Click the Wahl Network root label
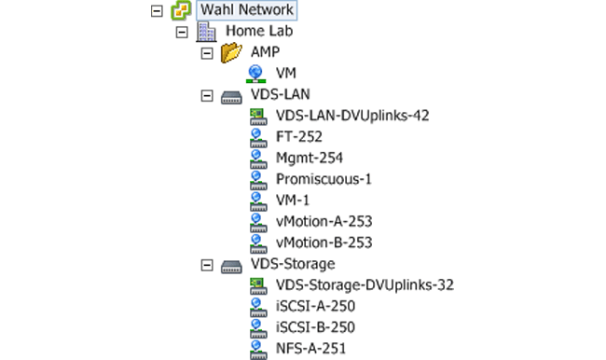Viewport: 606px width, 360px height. point(247,10)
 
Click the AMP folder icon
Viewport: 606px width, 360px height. point(231,53)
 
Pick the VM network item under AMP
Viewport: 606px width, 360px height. point(286,74)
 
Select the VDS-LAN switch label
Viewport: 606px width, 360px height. point(281,95)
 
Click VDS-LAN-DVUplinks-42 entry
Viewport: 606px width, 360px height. point(352,116)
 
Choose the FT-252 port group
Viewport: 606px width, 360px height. point(298,137)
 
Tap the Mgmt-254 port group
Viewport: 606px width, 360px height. point(310,158)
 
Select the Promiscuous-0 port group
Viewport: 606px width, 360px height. point(324,179)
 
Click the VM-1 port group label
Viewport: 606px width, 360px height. point(293,201)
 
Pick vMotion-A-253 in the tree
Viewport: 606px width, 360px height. point(324,221)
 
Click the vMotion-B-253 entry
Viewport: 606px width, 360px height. point(324,242)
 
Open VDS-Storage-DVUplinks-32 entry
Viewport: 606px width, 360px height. point(365,285)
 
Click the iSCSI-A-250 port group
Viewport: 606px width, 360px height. point(316,306)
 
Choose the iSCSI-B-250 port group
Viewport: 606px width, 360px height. point(316,327)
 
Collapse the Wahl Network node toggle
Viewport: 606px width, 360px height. point(156,10)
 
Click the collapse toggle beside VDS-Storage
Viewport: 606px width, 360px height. point(207,265)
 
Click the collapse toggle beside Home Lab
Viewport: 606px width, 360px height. point(182,32)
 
